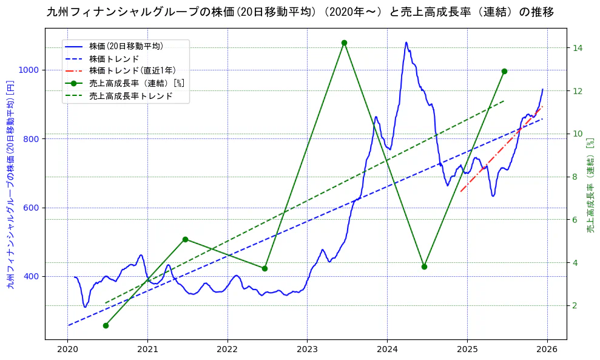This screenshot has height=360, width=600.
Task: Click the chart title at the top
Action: click(x=300, y=12)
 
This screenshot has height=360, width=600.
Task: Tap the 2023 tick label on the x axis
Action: click(x=307, y=350)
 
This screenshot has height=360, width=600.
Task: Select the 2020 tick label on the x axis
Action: click(x=68, y=350)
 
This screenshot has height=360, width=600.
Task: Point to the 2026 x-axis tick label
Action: click(x=547, y=350)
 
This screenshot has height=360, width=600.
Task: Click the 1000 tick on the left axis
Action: click(x=29, y=70)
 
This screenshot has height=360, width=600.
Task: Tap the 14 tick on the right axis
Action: click(x=578, y=48)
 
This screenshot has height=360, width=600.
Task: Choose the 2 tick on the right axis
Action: click(x=576, y=305)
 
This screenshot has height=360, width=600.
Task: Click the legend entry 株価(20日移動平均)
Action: click(x=126, y=46)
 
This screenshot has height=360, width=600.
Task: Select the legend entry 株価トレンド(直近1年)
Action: click(x=132, y=71)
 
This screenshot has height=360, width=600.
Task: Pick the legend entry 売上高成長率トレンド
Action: click(x=130, y=96)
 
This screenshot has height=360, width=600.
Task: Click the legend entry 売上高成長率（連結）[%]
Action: click(x=137, y=83)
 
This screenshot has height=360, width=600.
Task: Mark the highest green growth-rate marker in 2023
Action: click(x=344, y=42)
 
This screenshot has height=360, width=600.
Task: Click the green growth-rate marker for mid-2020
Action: click(x=106, y=325)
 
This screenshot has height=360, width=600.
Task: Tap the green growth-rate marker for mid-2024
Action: click(x=424, y=267)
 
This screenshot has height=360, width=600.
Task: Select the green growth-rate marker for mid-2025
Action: click(x=504, y=71)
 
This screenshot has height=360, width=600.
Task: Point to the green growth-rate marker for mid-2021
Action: click(x=185, y=239)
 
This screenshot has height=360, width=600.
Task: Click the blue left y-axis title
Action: click(x=10, y=185)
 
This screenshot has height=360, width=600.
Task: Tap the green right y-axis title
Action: click(x=590, y=185)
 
